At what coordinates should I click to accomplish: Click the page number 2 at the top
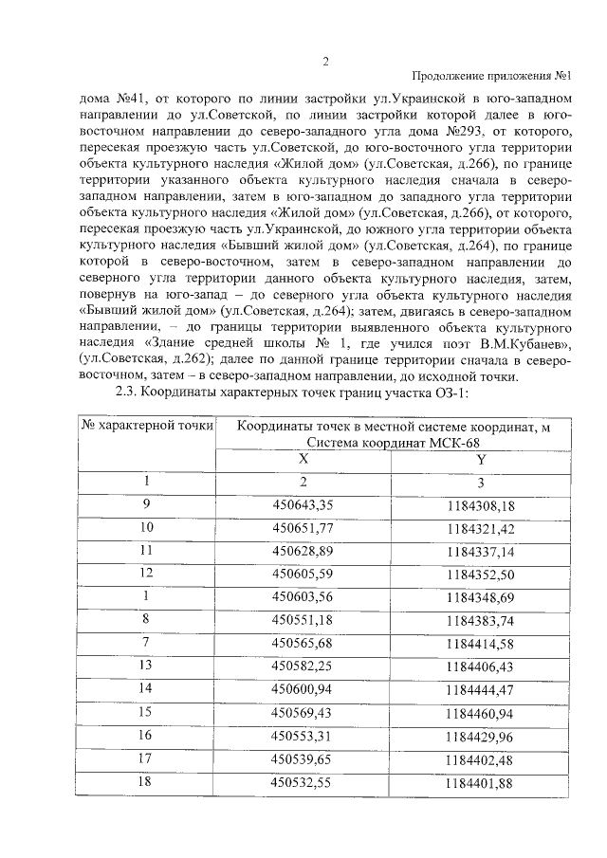click(324, 63)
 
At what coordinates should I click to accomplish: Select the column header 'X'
click(303, 458)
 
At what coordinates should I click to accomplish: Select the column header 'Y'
click(481, 458)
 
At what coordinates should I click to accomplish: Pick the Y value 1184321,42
click(481, 526)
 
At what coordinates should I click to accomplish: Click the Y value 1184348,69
click(481, 595)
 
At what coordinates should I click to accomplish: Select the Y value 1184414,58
click(481, 642)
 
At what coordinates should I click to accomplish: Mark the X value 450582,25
click(303, 665)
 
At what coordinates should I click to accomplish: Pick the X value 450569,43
click(303, 711)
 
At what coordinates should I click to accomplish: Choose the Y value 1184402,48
click(481, 758)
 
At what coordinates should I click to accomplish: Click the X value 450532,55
click(303, 781)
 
